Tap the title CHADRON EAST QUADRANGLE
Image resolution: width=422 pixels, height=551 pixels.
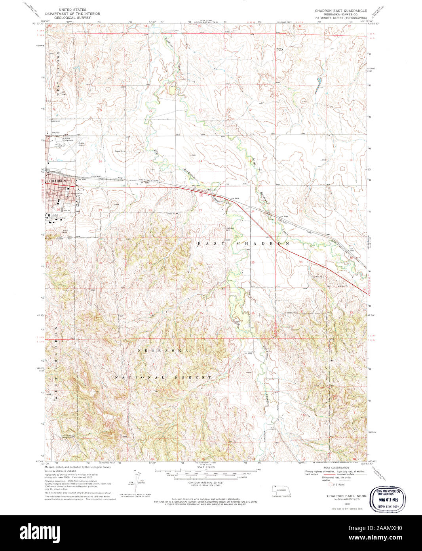click(x=340, y=11)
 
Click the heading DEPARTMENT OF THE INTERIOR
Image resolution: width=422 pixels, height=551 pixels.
click(x=72, y=13)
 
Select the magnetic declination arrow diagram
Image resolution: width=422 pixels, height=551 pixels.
click(x=139, y=478)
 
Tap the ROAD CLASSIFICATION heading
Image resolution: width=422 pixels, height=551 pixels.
click(x=335, y=468)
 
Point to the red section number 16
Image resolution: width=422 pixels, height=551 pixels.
click(x=101, y=161)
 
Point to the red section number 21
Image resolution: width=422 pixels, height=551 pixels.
click(x=101, y=210)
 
